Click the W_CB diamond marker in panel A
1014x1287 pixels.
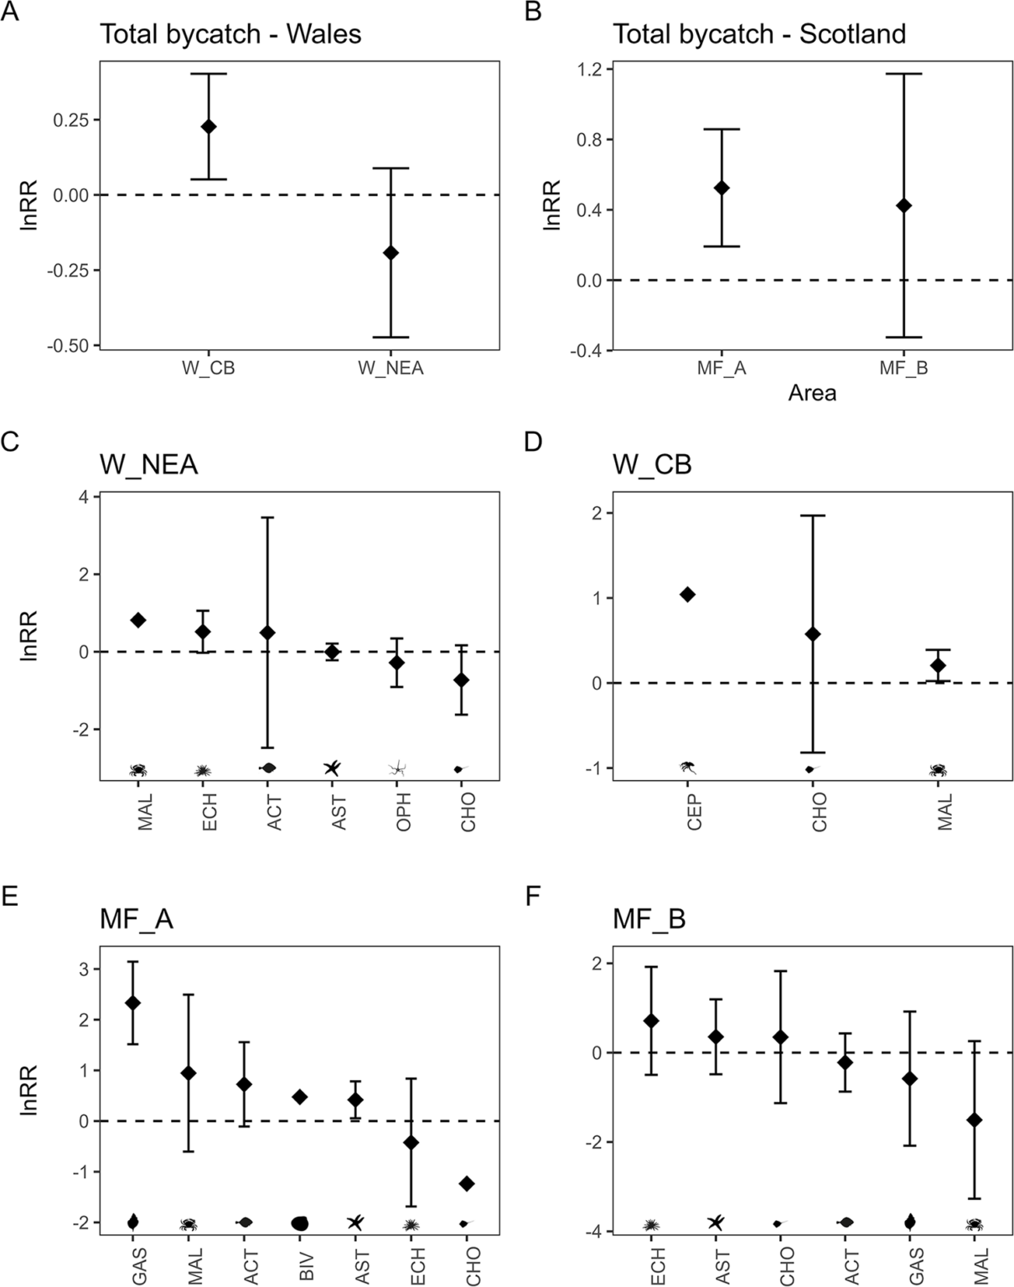coord(208,127)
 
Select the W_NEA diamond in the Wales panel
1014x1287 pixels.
coord(391,252)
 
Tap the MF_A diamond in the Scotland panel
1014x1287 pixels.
coord(721,188)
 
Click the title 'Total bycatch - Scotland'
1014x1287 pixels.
coord(759,34)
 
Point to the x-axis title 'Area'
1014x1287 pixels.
coord(811,392)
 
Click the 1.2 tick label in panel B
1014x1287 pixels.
coord(589,69)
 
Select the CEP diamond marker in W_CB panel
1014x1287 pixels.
coord(688,595)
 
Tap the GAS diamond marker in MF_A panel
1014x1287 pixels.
coord(132,1003)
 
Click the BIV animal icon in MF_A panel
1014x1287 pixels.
coord(300,1223)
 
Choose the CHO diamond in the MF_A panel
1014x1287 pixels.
coord(467,1183)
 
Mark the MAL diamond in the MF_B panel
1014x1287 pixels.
coord(975,1119)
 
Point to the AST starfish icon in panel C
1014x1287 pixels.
coord(332,768)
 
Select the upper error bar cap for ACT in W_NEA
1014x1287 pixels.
coord(267,518)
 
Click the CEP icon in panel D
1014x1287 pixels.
coord(688,767)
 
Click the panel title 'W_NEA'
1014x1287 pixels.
coord(148,464)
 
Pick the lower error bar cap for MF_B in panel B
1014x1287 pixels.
coord(903,337)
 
